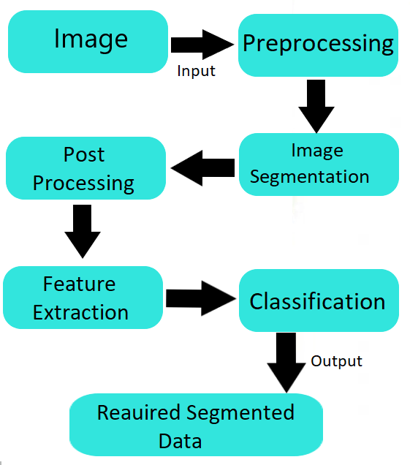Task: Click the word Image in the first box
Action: pyautogui.click(x=91, y=39)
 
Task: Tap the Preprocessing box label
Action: pyautogui.click(x=318, y=44)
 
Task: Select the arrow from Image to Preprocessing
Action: pyautogui.click(x=202, y=45)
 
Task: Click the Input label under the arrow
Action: pyautogui.click(x=196, y=71)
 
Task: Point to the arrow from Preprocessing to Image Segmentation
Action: pyautogui.click(x=316, y=106)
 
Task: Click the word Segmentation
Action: pyautogui.click(x=309, y=177)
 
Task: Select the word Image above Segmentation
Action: pyautogui.click(x=317, y=151)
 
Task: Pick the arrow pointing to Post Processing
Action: pyautogui.click(x=202, y=168)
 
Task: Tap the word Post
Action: pyautogui.click(x=84, y=154)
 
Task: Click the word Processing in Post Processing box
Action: pyautogui.click(x=83, y=184)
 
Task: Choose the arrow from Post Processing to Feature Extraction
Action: pyautogui.click(x=83, y=231)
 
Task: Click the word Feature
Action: pyautogui.click(x=79, y=284)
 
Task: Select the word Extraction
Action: pyautogui.click(x=80, y=312)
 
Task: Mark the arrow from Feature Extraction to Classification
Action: pyautogui.click(x=201, y=298)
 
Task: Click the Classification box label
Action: pyautogui.click(x=317, y=301)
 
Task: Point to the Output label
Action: pyautogui.click(x=336, y=361)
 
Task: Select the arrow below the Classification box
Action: pyautogui.click(x=286, y=363)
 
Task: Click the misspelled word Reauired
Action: pyautogui.click(x=139, y=413)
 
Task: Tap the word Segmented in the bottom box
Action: pyautogui.click(x=240, y=413)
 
